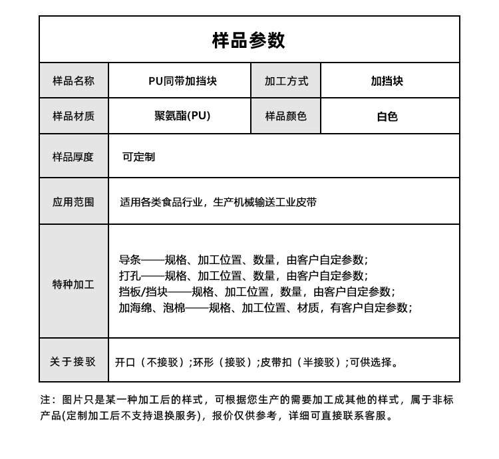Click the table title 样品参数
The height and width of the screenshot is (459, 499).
coord(249,40)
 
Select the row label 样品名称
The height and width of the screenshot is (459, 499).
coord(73,81)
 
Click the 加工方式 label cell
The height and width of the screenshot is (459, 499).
coord(286,81)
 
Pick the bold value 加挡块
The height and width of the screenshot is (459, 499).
coord(387,81)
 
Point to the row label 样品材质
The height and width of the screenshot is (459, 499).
coord(73,116)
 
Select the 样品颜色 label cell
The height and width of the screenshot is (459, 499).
coord(286,116)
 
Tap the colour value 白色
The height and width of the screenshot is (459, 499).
coord(387,116)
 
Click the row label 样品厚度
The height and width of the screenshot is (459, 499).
coord(73,157)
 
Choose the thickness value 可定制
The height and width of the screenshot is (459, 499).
coord(138,157)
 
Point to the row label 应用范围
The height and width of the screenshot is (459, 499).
coord(73,202)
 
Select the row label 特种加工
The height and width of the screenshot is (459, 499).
coord(73,284)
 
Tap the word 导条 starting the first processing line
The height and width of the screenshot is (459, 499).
coord(130,259)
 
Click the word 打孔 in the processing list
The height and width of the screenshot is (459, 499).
coord(130,275)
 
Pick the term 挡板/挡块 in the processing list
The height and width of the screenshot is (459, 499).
coord(143,291)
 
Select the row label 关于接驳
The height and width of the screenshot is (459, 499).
coord(73,361)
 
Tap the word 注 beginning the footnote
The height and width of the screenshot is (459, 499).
coord(45,400)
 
